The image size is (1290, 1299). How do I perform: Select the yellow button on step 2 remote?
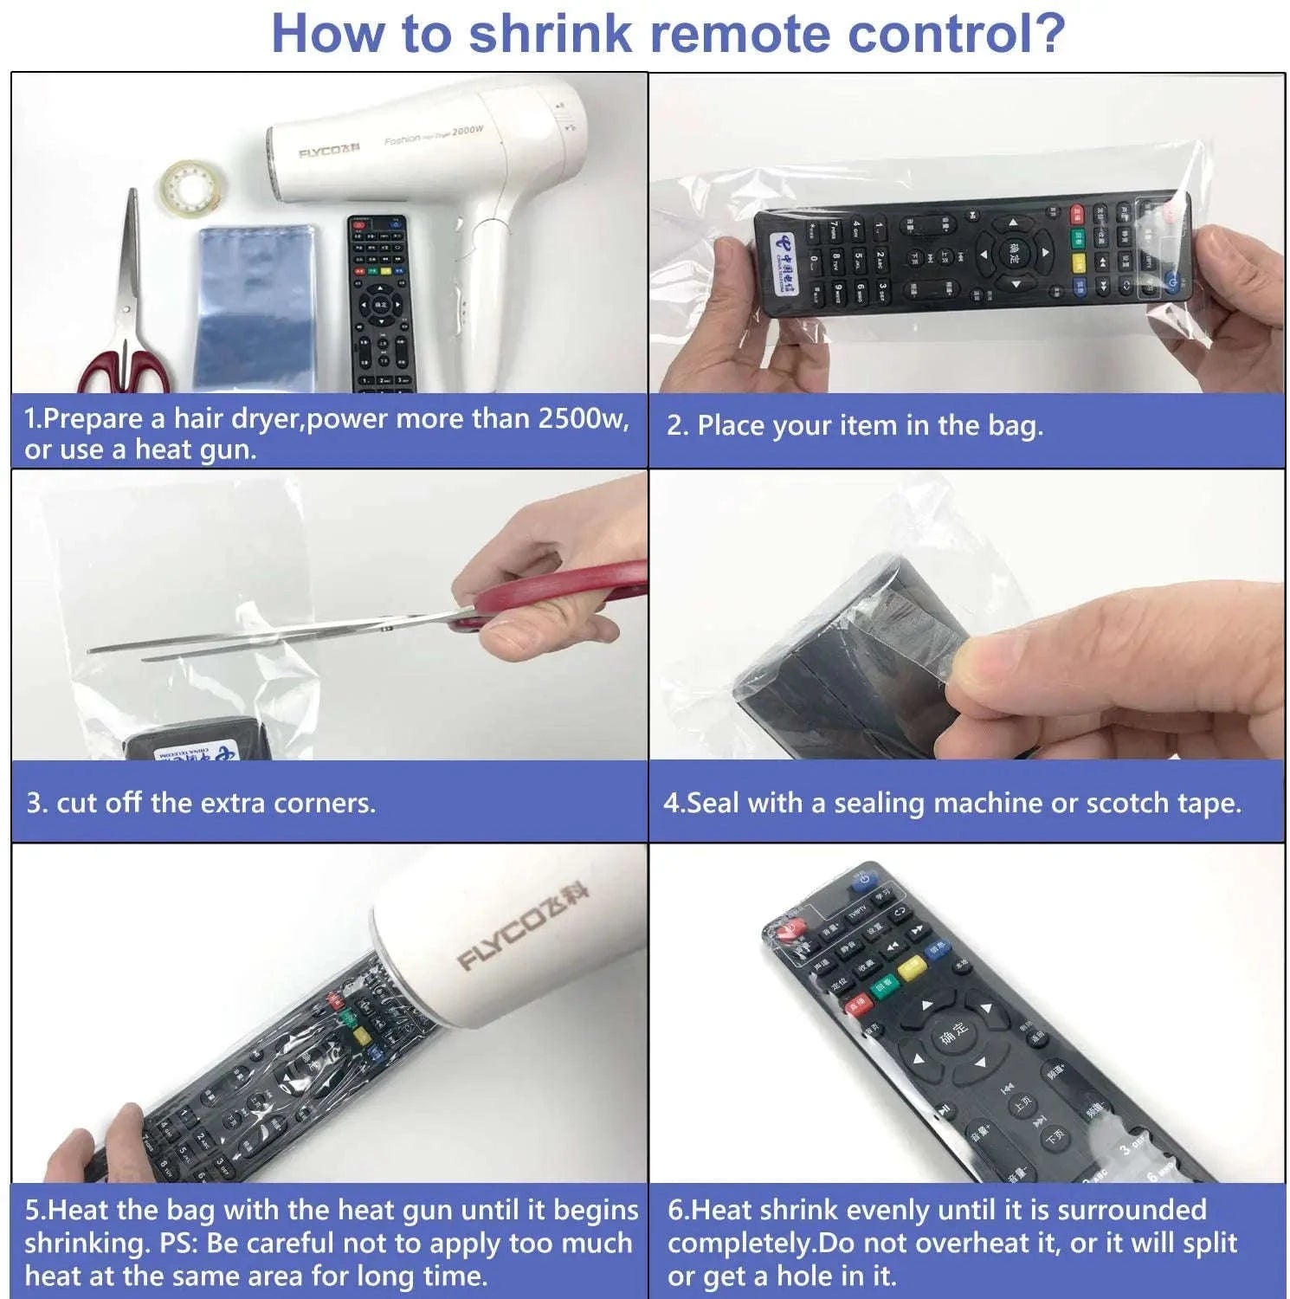tap(1079, 261)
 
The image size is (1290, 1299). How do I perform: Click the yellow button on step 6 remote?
tap(911, 967)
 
